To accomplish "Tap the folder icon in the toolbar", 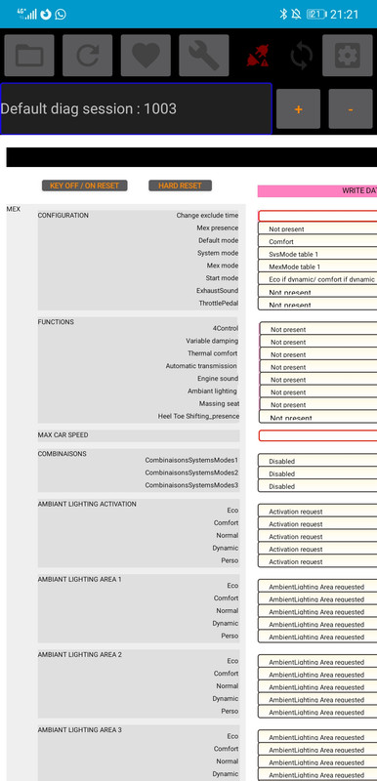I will (28, 56).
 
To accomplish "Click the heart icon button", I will (146, 56).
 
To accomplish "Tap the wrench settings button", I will (204, 56).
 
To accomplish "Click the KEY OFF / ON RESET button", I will (84, 185).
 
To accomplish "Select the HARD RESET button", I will (180, 185).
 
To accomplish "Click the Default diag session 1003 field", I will (136, 108).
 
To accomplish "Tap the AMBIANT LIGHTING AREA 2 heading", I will (79, 654).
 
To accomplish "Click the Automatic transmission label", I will (202, 366).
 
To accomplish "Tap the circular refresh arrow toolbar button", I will (87, 56).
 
